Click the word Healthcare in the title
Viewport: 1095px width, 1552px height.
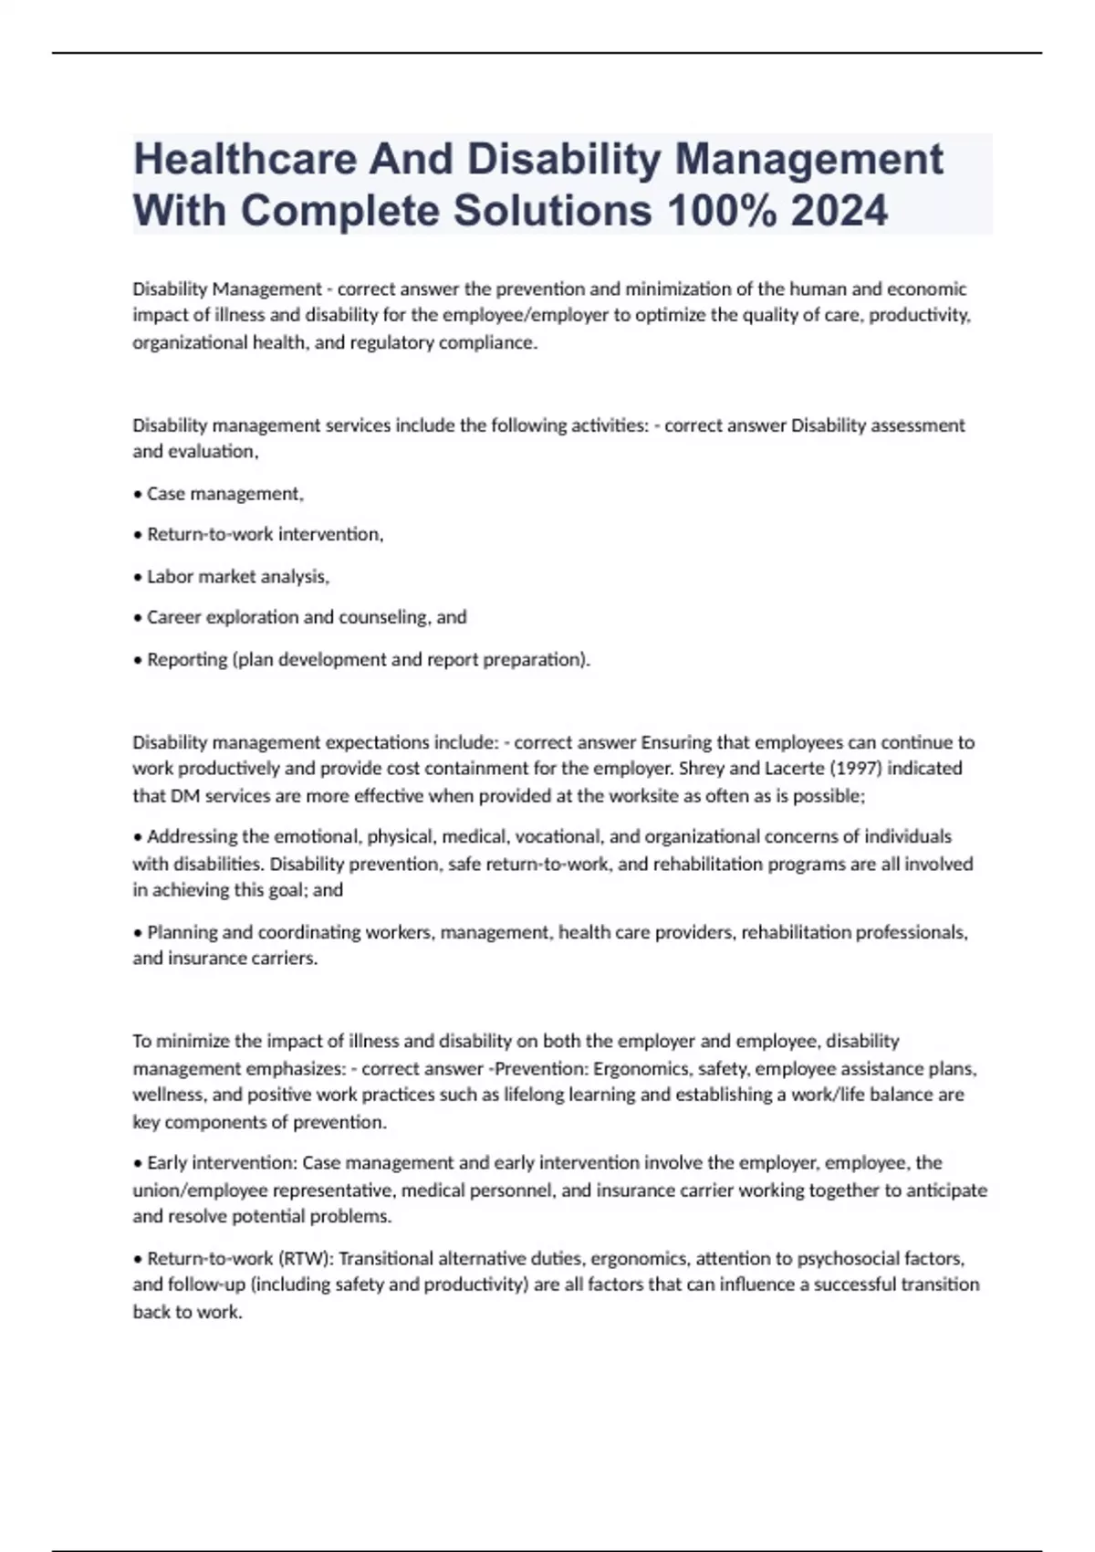point(244,159)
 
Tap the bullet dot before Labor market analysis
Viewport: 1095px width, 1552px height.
point(138,577)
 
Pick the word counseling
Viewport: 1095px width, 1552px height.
point(384,617)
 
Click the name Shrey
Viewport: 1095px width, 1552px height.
point(702,769)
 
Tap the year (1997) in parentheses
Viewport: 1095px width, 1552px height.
point(854,769)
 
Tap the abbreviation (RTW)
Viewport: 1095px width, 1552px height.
point(305,1259)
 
